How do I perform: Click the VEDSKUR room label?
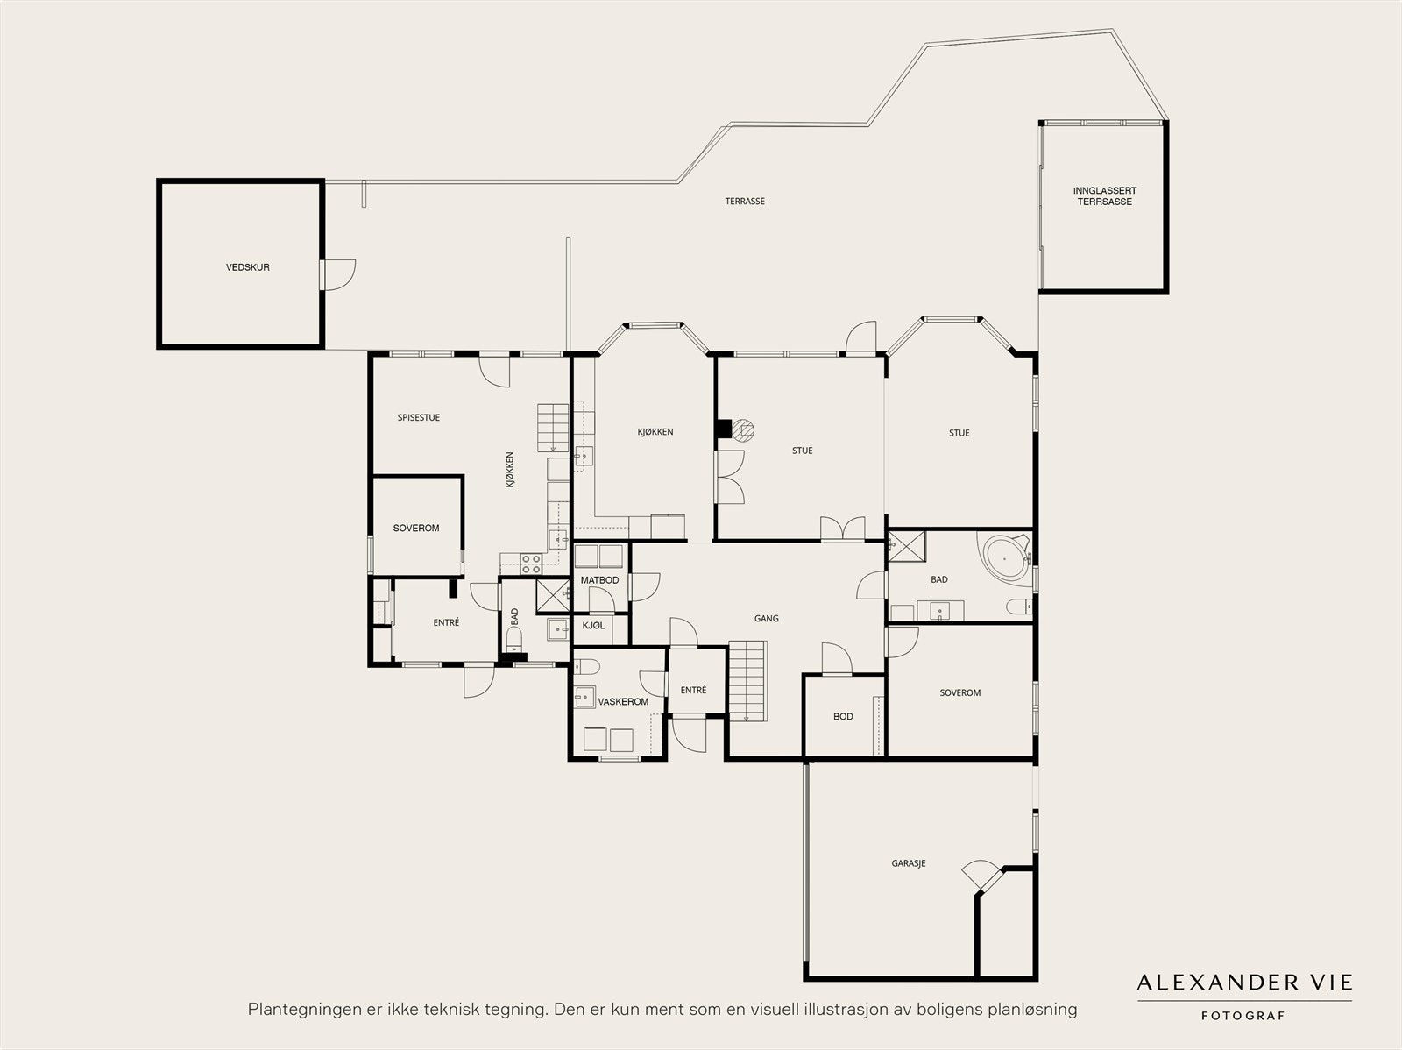(x=248, y=267)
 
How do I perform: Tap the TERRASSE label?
(x=745, y=202)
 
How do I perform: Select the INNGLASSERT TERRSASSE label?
(x=1104, y=196)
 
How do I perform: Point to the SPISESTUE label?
(x=418, y=418)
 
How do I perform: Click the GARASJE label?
(x=909, y=863)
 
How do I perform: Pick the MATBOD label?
(x=599, y=580)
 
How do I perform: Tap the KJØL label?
(x=593, y=626)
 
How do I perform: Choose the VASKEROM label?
(x=623, y=701)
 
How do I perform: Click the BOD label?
(x=843, y=717)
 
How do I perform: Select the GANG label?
(x=767, y=618)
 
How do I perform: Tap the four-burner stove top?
(x=531, y=564)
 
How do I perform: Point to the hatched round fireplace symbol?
(x=743, y=429)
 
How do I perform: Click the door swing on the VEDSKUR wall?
(x=340, y=275)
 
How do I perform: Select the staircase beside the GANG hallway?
(x=747, y=681)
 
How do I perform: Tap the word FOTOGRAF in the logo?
(x=1243, y=1016)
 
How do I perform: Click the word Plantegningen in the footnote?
(x=300, y=1010)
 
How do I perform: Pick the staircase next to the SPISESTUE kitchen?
(x=553, y=428)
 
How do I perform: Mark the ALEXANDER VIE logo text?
(x=1244, y=983)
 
